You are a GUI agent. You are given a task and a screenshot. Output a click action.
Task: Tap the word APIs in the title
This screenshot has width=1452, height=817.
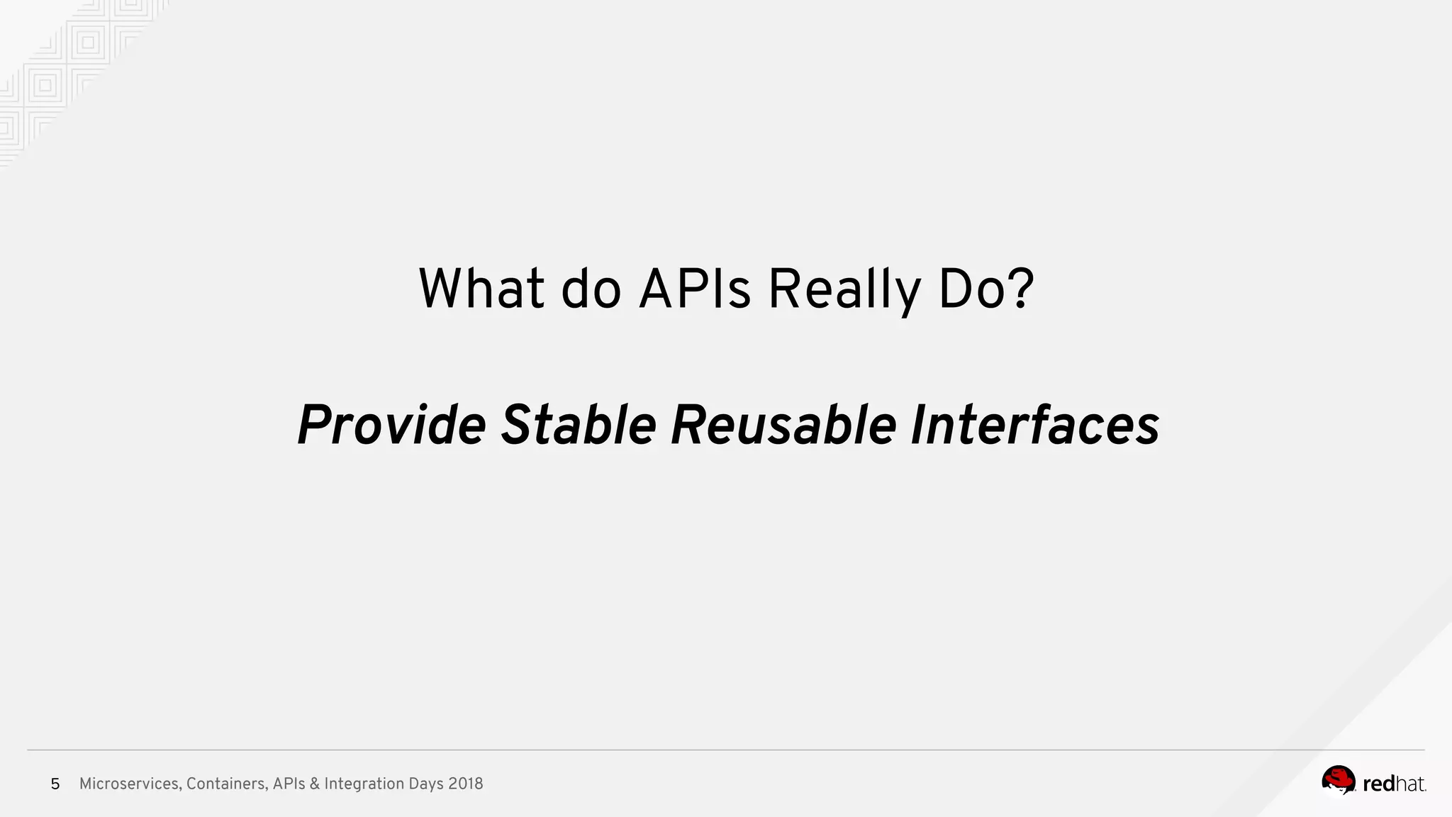click(694, 289)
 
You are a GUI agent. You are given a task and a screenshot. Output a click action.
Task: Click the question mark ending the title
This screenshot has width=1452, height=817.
click(1021, 289)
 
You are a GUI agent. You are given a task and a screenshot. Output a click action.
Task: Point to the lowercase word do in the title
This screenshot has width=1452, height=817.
click(591, 289)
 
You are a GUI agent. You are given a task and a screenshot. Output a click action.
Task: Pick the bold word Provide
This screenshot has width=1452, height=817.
click(391, 426)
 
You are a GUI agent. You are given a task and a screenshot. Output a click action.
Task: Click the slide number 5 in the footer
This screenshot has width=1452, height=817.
click(55, 784)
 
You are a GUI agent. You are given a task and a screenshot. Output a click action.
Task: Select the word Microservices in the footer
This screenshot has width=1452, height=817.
click(130, 784)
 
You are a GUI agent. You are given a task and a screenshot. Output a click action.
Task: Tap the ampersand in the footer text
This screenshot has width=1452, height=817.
click(315, 784)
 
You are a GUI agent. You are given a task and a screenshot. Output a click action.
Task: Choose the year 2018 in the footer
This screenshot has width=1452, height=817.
click(465, 784)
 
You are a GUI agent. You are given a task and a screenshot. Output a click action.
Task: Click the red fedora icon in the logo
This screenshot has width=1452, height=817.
click(1338, 781)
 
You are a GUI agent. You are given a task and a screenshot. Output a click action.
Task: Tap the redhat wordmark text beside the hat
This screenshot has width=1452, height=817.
click(1394, 784)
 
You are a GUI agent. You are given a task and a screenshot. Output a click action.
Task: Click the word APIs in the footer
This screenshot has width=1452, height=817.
click(289, 784)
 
